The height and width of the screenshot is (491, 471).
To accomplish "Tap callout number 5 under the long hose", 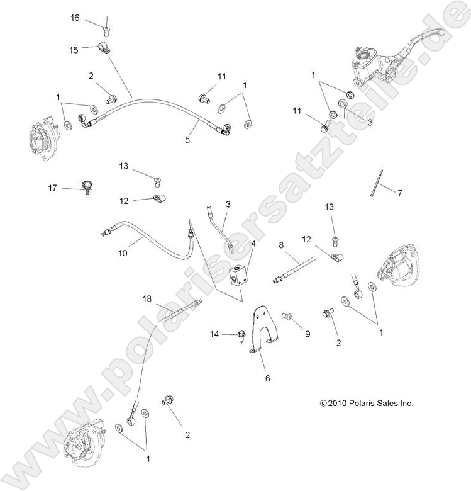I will coord(187,140).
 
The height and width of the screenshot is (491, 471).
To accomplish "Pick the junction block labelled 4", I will coord(241,276).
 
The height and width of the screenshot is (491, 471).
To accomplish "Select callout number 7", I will coord(399,193).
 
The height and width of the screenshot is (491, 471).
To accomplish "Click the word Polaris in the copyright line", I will coord(358,404).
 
